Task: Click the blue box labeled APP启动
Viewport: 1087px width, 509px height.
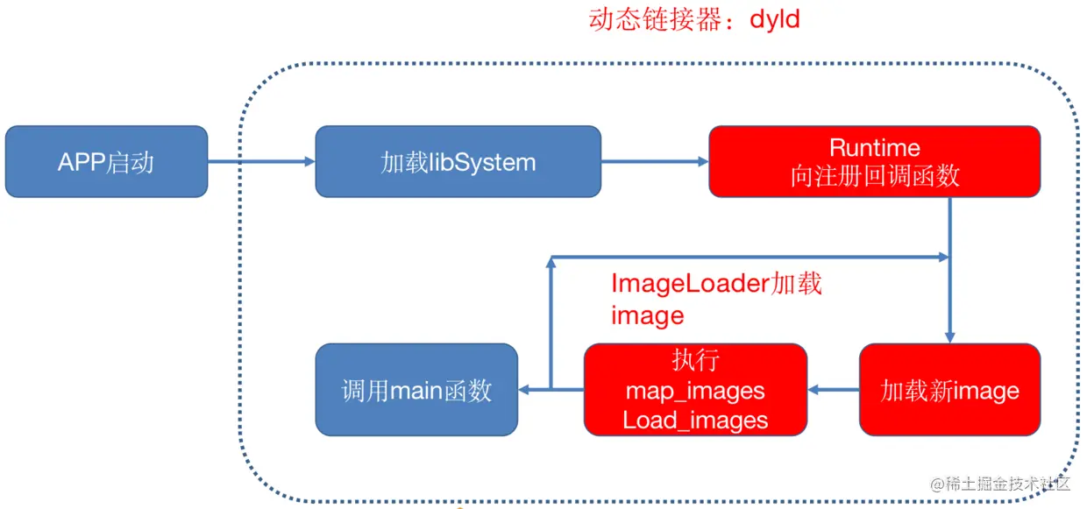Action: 106,162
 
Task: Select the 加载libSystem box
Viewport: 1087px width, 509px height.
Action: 458,162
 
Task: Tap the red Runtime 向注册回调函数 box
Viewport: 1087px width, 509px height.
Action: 874,162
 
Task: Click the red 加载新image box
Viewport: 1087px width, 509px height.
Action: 949,390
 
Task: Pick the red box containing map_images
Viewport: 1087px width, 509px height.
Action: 695,390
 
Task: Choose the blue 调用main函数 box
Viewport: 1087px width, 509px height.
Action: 416,390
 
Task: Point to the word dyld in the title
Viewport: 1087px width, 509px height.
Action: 775,19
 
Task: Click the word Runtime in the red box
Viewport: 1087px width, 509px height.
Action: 874,147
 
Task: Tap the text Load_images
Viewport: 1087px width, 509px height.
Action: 695,420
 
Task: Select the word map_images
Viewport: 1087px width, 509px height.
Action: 695,391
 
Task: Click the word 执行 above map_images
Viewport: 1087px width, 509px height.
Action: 695,361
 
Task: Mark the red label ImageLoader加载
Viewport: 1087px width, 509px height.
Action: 716,284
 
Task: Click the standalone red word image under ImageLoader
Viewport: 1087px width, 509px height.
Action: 647,315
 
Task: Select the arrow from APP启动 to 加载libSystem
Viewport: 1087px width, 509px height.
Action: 261,162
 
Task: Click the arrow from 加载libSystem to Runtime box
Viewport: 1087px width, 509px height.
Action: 655,162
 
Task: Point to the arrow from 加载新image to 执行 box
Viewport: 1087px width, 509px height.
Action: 833,390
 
